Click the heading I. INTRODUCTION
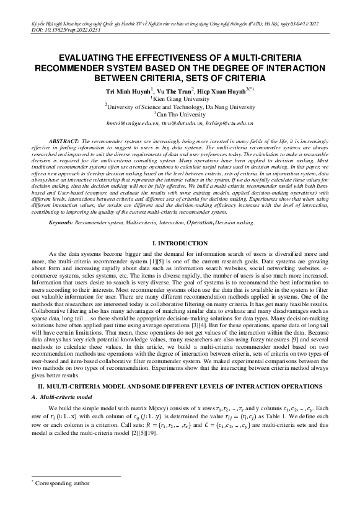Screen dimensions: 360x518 pos(180,244)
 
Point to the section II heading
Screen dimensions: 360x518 pos(180,386)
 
